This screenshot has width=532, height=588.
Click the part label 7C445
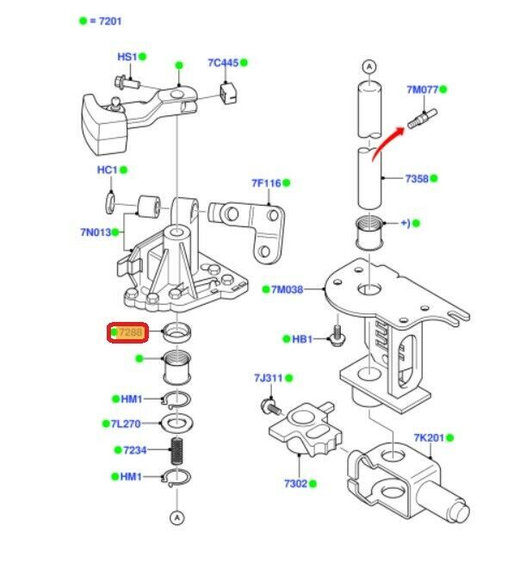(x=222, y=63)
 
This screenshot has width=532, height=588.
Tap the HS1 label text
(x=127, y=57)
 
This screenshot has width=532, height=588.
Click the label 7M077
(x=422, y=90)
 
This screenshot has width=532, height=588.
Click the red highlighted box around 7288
(x=128, y=332)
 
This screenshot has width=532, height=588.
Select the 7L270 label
(x=126, y=424)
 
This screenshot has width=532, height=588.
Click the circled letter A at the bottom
(x=176, y=517)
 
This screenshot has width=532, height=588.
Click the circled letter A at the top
(x=368, y=66)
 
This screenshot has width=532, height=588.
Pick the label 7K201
(x=428, y=438)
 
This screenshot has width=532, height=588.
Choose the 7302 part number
(x=294, y=484)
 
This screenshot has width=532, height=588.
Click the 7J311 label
(x=268, y=378)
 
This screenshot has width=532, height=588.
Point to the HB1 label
(x=301, y=339)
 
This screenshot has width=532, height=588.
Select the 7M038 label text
(x=288, y=289)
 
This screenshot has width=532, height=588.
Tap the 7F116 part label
(x=266, y=183)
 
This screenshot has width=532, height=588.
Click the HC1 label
(x=107, y=170)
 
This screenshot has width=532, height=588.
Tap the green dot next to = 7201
(x=83, y=20)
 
